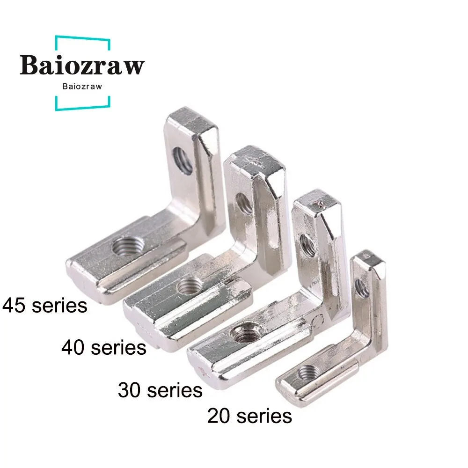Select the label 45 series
pos(45,306)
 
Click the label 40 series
pos(104,348)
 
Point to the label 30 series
pos(160,389)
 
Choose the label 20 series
pos(249,415)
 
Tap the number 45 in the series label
pos(16,306)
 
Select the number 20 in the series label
pos(220,415)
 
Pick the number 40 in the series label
pos(75,348)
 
